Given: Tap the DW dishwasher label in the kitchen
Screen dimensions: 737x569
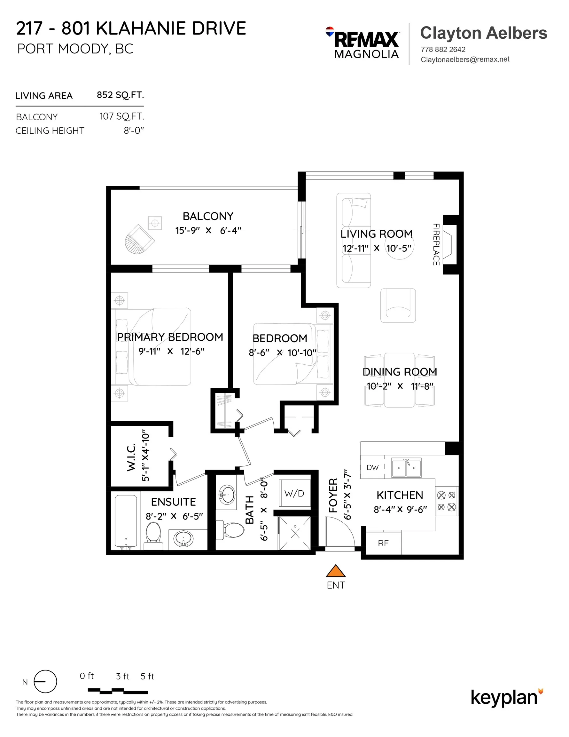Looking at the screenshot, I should coord(372,467).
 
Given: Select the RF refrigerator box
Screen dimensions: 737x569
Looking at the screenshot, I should coord(383,543).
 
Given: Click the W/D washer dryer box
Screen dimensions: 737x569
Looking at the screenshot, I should coord(294,493).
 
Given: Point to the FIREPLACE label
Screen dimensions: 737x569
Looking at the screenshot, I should coord(436,244).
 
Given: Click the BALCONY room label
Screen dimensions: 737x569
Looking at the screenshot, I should coord(208,216).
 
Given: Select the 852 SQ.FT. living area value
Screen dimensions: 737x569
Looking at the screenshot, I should coord(120,95).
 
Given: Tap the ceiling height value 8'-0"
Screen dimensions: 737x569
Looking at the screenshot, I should coord(134,131).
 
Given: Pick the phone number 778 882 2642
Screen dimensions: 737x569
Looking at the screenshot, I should coord(443,50).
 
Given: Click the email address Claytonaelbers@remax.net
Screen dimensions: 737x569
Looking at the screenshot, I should coord(465,59).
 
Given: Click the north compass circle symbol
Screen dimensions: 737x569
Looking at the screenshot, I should coord(45,681).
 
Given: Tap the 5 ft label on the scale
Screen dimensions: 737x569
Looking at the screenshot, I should coord(147,676).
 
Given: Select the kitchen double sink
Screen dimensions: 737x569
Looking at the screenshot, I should coord(406,468).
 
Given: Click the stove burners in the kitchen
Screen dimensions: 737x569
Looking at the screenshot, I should coord(446,501).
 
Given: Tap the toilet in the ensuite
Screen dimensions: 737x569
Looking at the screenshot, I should coord(153,534).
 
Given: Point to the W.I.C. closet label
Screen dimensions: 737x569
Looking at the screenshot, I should coord(131,457).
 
